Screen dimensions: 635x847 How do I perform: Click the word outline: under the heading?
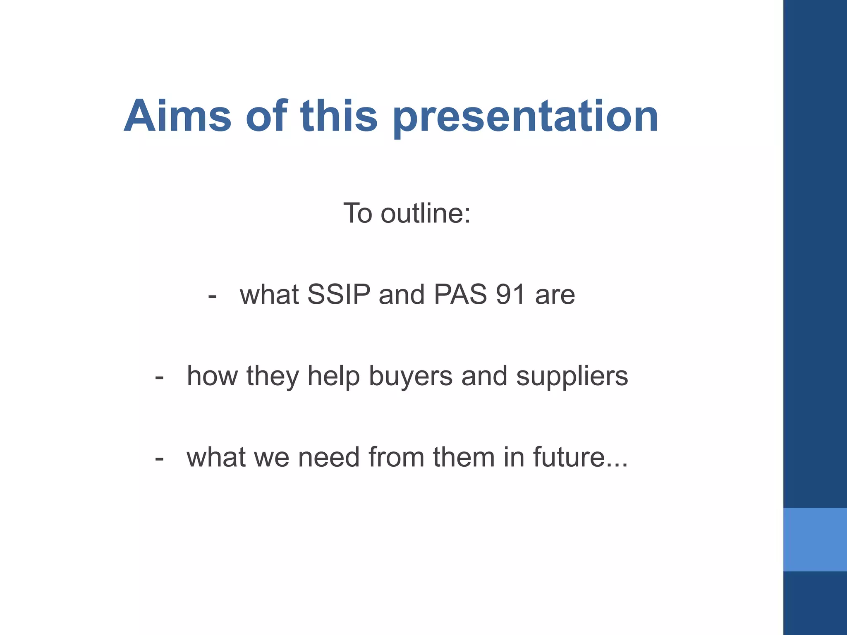point(426,213)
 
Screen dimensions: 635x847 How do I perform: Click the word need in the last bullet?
point(328,457)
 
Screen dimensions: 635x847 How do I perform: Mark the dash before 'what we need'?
point(159,459)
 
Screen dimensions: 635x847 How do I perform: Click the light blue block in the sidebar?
point(815,540)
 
